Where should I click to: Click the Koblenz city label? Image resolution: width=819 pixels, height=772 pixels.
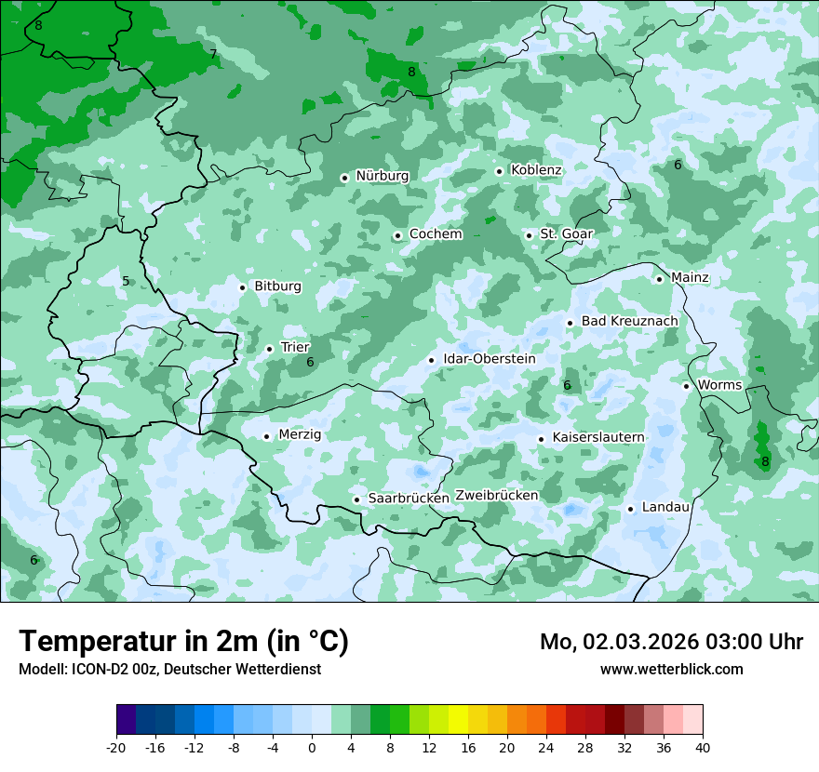coord(536,170)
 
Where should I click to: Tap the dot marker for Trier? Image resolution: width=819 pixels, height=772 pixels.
coord(270,349)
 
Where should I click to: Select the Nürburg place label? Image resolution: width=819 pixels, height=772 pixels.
coord(382,176)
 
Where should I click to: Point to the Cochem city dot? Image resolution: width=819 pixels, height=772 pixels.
coord(397,235)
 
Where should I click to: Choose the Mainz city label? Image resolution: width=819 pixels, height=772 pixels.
coord(690,278)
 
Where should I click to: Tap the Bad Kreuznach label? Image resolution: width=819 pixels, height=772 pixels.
coord(629,321)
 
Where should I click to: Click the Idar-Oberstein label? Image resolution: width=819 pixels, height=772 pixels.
coord(490,359)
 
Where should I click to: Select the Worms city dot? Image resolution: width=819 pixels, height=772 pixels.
coord(687,386)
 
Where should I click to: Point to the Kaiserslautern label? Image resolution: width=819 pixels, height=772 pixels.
coord(598,437)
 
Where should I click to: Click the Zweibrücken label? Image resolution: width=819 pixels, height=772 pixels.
coord(497,496)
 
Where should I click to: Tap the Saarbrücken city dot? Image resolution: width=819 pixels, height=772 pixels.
coord(356,499)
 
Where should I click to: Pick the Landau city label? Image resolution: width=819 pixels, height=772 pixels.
coord(665,507)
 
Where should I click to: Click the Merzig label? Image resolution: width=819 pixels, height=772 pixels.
coord(300,434)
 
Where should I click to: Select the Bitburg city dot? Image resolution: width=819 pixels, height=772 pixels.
coord(243,287)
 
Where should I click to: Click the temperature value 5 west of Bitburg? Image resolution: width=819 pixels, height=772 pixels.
coord(126,281)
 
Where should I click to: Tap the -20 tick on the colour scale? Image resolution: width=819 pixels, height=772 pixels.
coord(116,747)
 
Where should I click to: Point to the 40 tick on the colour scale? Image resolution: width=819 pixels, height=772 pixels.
coord(703,747)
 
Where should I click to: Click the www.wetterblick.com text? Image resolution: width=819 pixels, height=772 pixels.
coord(671,669)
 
